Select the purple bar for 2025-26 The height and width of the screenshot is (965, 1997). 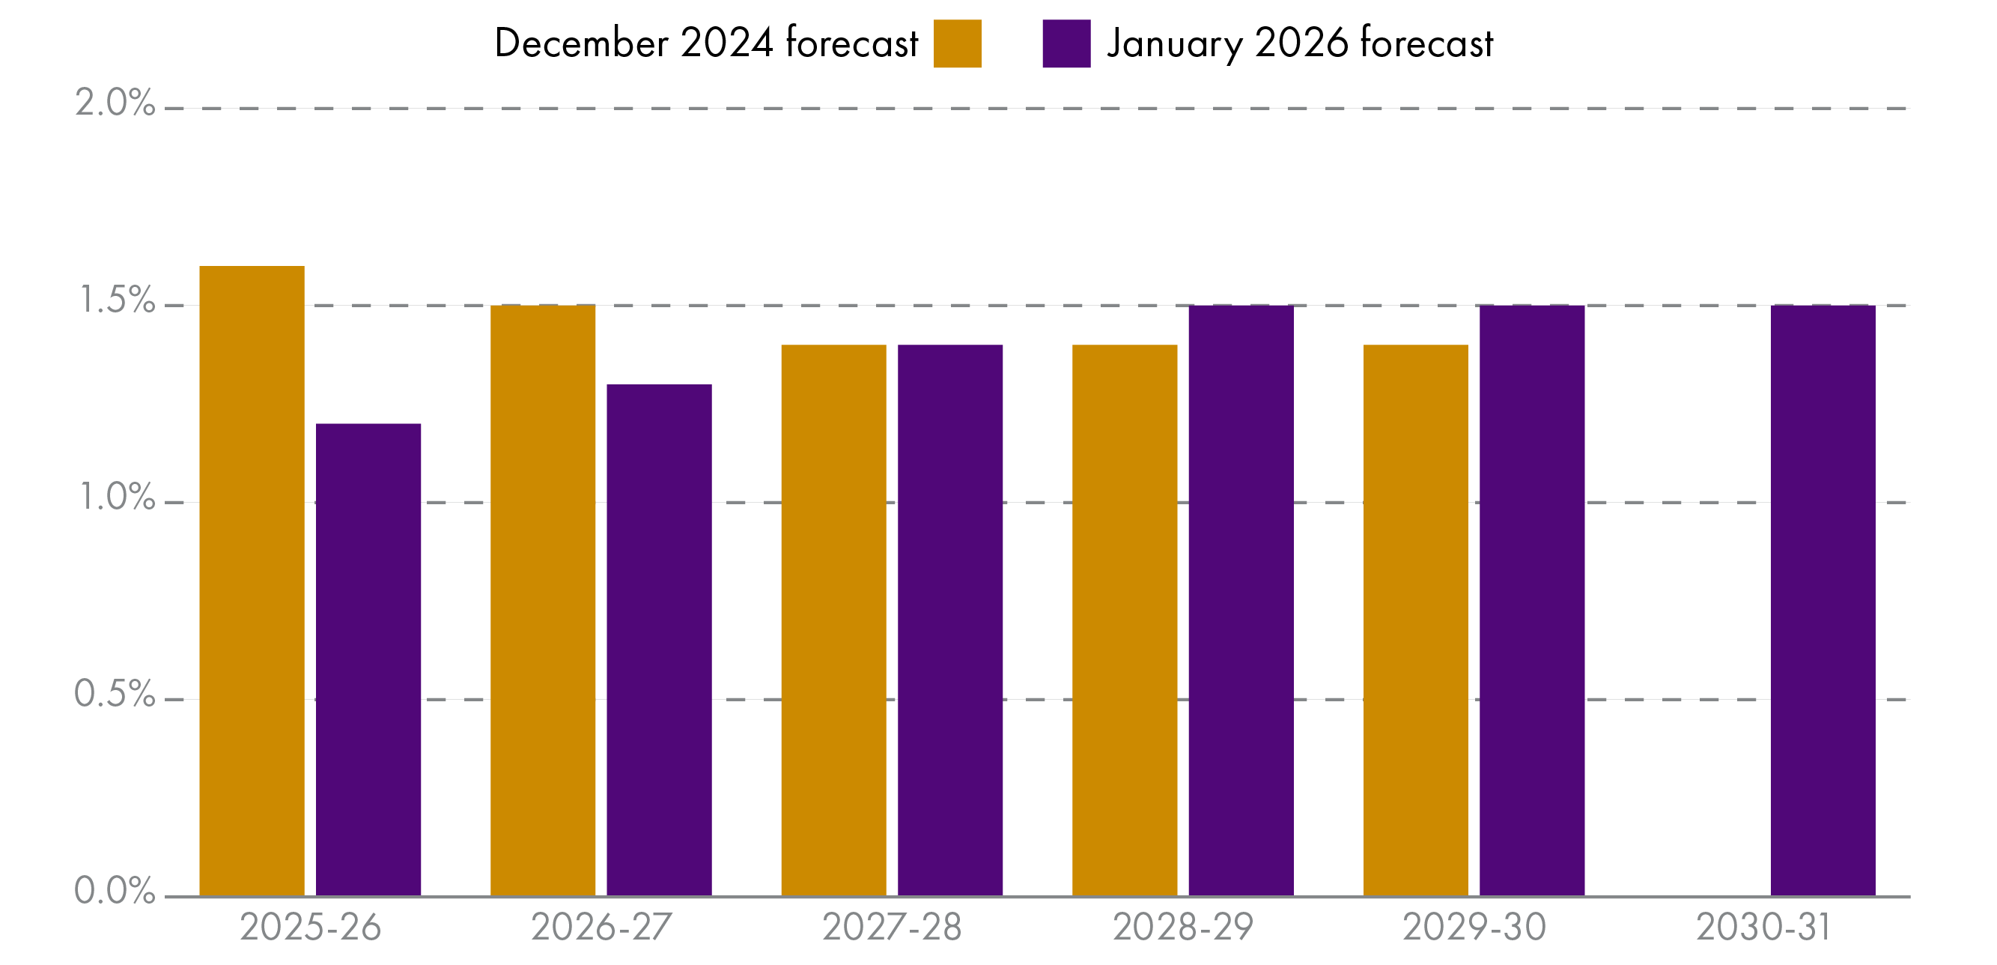point(368,659)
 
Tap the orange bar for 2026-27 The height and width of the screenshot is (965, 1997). point(543,600)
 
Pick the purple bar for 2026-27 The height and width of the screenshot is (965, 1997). point(659,640)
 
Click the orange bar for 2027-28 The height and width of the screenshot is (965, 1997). point(833,620)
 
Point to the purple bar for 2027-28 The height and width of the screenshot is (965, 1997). point(949,620)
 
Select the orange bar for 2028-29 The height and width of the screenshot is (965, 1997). point(1124,620)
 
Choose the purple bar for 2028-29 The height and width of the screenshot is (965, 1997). point(1241,600)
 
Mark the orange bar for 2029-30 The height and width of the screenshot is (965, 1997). point(1416,620)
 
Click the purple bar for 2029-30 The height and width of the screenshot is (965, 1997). point(1532,600)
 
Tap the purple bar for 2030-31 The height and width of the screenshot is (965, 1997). point(1823,600)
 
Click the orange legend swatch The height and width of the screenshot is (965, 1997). point(957,43)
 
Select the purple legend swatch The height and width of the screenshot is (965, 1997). point(1066,43)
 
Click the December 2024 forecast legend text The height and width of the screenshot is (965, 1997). point(705,43)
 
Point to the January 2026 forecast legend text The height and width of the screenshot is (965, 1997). point(1299,43)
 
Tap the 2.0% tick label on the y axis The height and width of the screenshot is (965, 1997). point(115,103)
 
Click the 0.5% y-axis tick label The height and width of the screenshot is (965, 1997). point(115,694)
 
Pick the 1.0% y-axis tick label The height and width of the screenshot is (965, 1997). point(117,497)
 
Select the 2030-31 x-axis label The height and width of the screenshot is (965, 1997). point(1763,927)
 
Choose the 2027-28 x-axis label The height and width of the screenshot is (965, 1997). point(892,927)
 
